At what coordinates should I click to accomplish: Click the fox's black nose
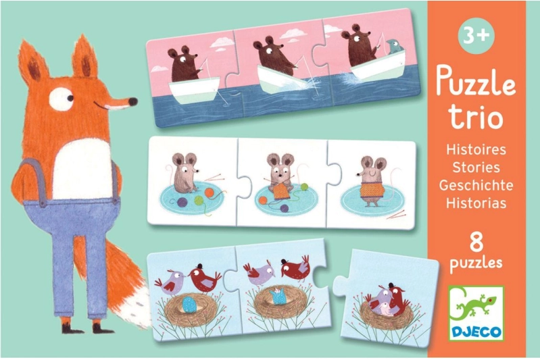click(x=132, y=101)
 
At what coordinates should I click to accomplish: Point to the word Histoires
click(x=476, y=150)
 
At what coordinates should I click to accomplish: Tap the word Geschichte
click(x=476, y=185)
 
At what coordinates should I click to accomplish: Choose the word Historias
click(x=476, y=203)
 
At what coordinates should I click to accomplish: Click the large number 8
click(x=476, y=241)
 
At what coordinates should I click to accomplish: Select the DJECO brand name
click(x=476, y=332)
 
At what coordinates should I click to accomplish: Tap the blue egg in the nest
click(x=189, y=304)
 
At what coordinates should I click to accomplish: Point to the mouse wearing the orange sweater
click(x=371, y=182)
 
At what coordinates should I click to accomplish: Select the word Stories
click(x=476, y=168)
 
